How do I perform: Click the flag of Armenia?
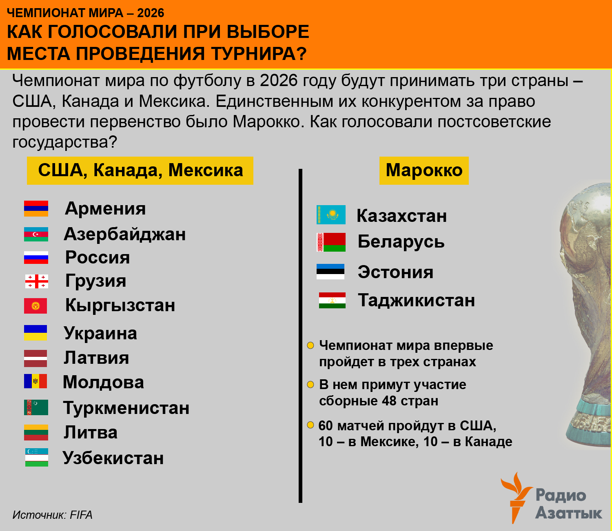36,208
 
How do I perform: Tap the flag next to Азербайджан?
36,234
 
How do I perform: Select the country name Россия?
98,257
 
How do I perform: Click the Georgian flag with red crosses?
36,281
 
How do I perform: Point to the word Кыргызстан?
120,305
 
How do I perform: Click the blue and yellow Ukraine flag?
35,333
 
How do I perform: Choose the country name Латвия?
96,358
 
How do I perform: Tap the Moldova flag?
35,381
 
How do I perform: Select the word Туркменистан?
126,408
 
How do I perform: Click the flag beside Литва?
36,433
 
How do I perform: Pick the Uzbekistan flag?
36,457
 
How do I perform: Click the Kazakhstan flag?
331,215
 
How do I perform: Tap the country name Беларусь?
401,241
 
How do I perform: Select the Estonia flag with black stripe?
330,272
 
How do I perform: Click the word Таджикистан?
416,300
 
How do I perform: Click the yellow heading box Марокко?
424,170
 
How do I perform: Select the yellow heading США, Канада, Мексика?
140,170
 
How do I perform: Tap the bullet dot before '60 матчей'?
310,425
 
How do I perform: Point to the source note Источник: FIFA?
52,515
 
